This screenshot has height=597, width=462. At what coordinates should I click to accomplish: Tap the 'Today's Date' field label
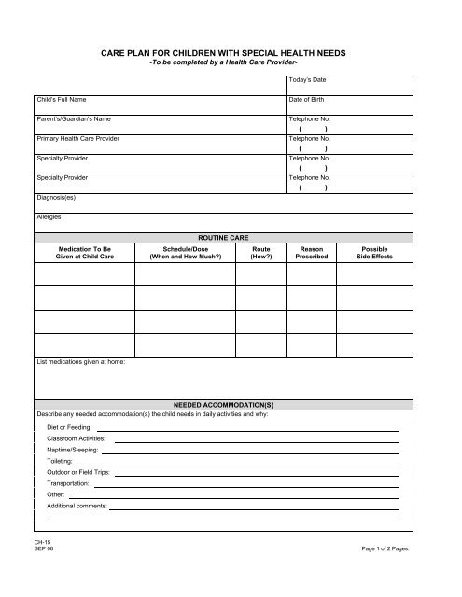(307, 80)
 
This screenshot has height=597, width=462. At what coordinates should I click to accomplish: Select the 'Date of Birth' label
(309, 98)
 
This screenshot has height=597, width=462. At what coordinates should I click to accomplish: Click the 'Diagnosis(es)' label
(56, 198)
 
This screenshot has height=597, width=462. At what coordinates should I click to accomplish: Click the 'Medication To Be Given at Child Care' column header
(84, 254)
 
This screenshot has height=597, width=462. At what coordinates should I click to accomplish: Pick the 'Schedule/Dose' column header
(185, 254)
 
